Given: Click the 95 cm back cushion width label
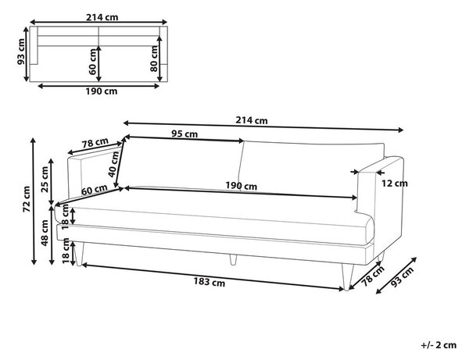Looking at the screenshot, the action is (x=184, y=134).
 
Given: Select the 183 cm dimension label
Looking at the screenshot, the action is (x=209, y=282).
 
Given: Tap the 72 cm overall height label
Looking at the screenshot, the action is (x=27, y=199).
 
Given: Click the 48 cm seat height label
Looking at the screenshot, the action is (x=45, y=233).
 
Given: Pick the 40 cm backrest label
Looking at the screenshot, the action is (x=113, y=164).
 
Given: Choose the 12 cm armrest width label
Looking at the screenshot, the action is (x=394, y=184).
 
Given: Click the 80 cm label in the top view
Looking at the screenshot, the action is (x=154, y=59).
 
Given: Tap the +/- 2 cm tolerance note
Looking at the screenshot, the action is (x=439, y=345).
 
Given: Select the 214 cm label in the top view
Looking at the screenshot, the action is (x=102, y=17).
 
